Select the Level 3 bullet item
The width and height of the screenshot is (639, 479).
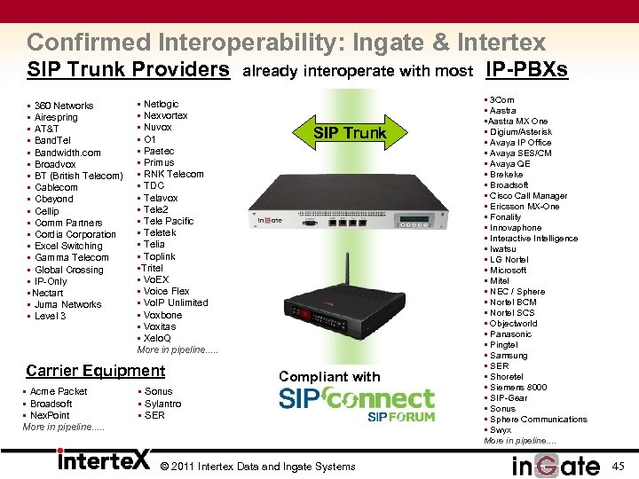50,316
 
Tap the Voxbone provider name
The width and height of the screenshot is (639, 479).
162,315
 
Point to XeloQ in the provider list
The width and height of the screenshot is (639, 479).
158,338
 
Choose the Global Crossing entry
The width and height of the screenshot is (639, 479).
68,270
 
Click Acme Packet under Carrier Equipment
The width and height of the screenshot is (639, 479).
58,391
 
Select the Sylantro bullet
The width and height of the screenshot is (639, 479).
162,404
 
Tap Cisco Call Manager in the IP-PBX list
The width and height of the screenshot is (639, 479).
528,195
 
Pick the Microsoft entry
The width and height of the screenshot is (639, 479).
508,270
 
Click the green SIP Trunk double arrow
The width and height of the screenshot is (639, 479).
350,133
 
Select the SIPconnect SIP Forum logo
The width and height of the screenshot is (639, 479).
357,404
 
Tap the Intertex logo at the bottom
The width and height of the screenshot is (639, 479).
105,460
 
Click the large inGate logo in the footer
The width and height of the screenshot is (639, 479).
556,464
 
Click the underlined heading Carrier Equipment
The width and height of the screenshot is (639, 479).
96,371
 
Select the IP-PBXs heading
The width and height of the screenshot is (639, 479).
526,69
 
